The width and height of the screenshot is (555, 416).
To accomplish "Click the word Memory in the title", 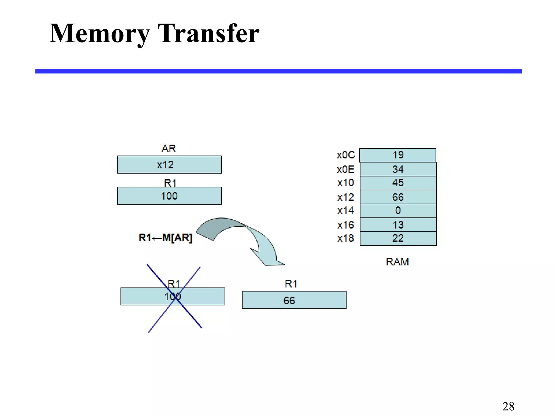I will [99, 34].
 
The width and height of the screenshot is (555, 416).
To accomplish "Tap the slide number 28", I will [508, 406].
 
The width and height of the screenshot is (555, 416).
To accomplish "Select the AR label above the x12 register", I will [169, 148].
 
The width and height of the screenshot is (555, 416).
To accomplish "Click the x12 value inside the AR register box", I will [165, 165].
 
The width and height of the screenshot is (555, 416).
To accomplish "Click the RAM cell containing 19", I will [398, 155].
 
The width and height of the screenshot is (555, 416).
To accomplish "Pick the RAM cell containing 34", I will [398, 169].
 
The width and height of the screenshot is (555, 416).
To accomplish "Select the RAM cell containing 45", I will [398, 183].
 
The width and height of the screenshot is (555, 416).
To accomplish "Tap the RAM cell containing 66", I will [398, 197].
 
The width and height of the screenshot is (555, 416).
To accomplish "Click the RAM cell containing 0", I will [398, 210].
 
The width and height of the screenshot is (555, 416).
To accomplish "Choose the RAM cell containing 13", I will [398, 225].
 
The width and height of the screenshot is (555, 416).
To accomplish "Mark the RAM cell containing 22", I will [398, 238].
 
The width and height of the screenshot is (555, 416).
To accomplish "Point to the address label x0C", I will [346, 155].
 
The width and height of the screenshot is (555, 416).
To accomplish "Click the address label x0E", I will [346, 170].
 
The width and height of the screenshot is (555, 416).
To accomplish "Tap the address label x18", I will [346, 238].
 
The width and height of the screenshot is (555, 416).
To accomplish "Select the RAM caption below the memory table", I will [397, 262].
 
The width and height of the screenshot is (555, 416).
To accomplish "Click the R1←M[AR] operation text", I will [165, 238].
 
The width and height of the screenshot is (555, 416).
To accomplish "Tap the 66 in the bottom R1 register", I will [289, 301].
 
